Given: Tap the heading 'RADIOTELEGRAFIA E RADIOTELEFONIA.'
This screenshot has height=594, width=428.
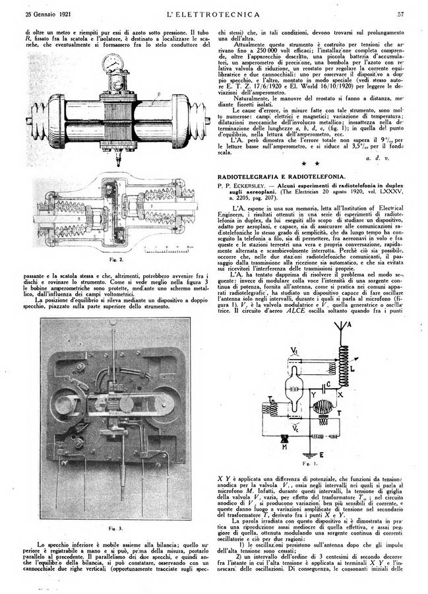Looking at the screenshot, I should [281, 176].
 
